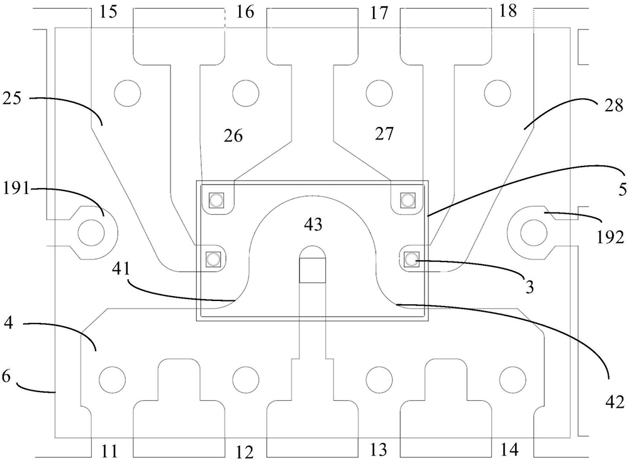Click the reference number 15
[108, 11]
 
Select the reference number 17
[379, 13]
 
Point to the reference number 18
[508, 11]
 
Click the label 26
[233, 136]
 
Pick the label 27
[384, 133]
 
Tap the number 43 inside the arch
[313, 224]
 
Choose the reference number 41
[122, 270]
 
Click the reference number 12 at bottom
[245, 452]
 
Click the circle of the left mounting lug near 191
[91, 233]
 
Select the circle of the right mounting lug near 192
[533, 233]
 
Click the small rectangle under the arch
[313, 270]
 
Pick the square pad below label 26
[216, 199]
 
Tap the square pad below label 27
[408, 199]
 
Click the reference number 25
[11, 98]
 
